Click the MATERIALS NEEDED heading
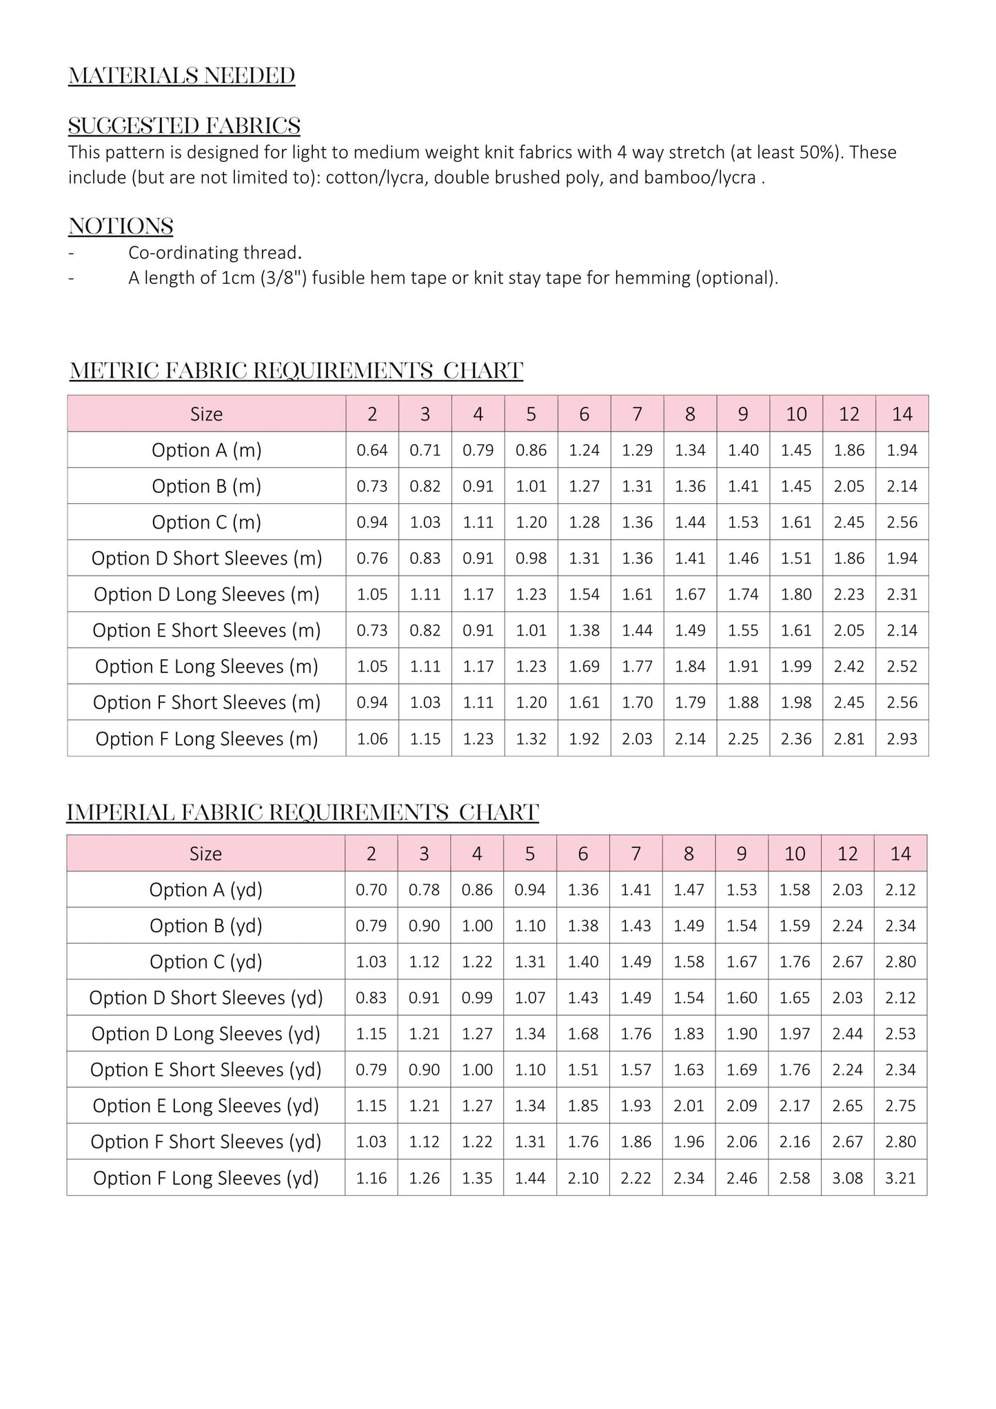click(x=181, y=76)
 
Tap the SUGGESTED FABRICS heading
click(x=184, y=126)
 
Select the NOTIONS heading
click(x=121, y=226)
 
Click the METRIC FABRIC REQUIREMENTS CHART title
click(x=296, y=371)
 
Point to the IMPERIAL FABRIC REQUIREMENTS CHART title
click(x=303, y=813)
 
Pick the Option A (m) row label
click(x=207, y=450)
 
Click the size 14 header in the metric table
click(x=902, y=414)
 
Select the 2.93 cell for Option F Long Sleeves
click(x=902, y=739)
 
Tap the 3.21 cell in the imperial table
click(x=900, y=1178)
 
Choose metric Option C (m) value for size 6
click(x=584, y=523)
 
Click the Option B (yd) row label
click(x=206, y=926)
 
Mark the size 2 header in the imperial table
click(x=371, y=854)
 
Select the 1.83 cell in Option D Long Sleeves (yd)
click(x=689, y=1034)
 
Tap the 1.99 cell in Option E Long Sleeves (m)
click(x=796, y=667)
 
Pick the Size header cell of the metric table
click(x=206, y=414)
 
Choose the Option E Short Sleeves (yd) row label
click(x=206, y=1070)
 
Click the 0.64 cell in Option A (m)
click(x=372, y=450)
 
